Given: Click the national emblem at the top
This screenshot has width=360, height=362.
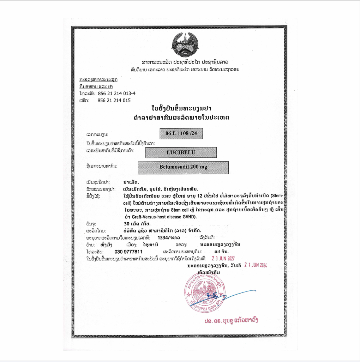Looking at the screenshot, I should click(x=185, y=44).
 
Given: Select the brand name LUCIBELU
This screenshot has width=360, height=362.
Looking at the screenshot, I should click(x=181, y=152).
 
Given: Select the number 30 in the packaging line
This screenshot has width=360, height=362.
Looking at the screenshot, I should click(x=126, y=224).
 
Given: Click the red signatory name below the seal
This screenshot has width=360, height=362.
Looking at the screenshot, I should click(x=231, y=321).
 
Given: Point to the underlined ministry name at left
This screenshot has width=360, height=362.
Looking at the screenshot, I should click(x=98, y=79).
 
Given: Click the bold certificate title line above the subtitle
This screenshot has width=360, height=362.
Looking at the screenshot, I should click(x=181, y=108).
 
